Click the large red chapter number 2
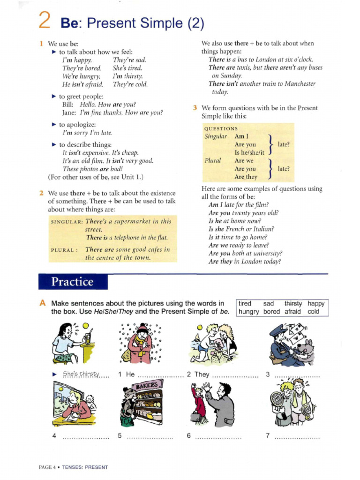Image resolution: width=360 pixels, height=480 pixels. tap(45, 21)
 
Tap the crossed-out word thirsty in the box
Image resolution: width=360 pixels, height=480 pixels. tap(293, 303)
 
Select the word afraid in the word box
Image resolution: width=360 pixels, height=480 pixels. tap(292, 311)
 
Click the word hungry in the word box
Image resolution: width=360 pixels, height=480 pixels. tap(248, 311)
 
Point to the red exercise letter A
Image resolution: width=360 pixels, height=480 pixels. tap(43, 303)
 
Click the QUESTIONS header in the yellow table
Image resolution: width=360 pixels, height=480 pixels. tap(221, 128)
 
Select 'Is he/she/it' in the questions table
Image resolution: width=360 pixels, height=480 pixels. tap(249, 152)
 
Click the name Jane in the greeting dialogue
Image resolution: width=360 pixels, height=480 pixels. tap(69, 112)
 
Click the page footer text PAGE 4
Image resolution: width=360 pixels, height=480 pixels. tap(47, 467)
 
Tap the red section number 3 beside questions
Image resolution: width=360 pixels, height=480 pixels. tap(195, 108)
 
